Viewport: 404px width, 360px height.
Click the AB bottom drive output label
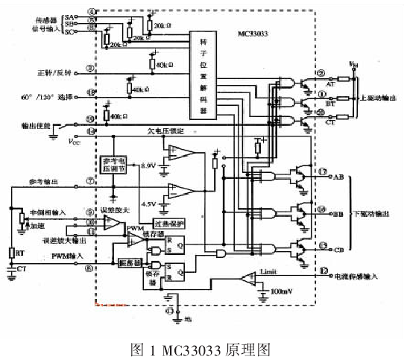tap(338, 176)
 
